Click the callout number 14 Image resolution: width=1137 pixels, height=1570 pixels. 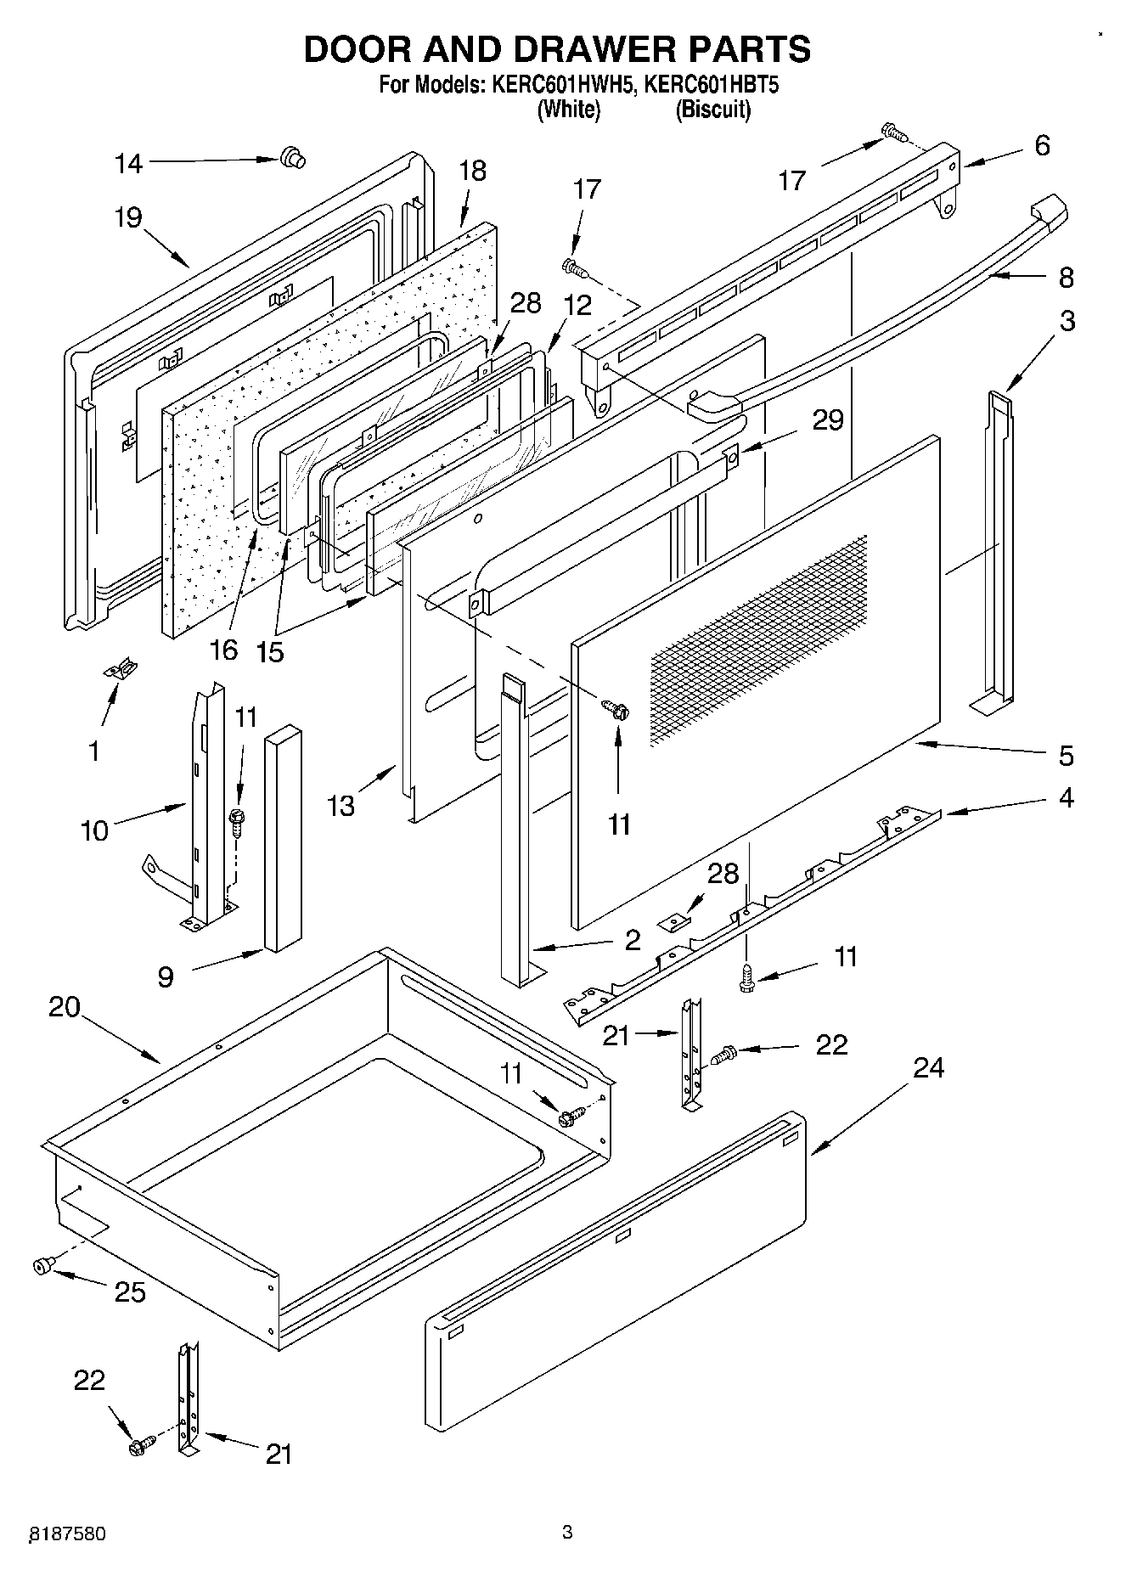pos(129,164)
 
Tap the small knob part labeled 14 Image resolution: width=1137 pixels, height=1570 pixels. pos(292,157)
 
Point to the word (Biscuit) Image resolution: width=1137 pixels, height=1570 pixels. pos(712,110)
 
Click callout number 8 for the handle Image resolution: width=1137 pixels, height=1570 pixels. pos(1067,278)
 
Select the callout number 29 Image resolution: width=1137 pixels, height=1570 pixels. pos(828,419)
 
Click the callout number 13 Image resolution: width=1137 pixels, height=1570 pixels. pos(341,805)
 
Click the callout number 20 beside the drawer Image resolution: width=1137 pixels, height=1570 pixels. pos(65,1007)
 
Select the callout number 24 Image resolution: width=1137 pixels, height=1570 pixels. pos(929,1067)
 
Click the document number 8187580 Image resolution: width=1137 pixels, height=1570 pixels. pos(68,1533)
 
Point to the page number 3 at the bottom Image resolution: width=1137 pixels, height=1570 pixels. pos(567,1532)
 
